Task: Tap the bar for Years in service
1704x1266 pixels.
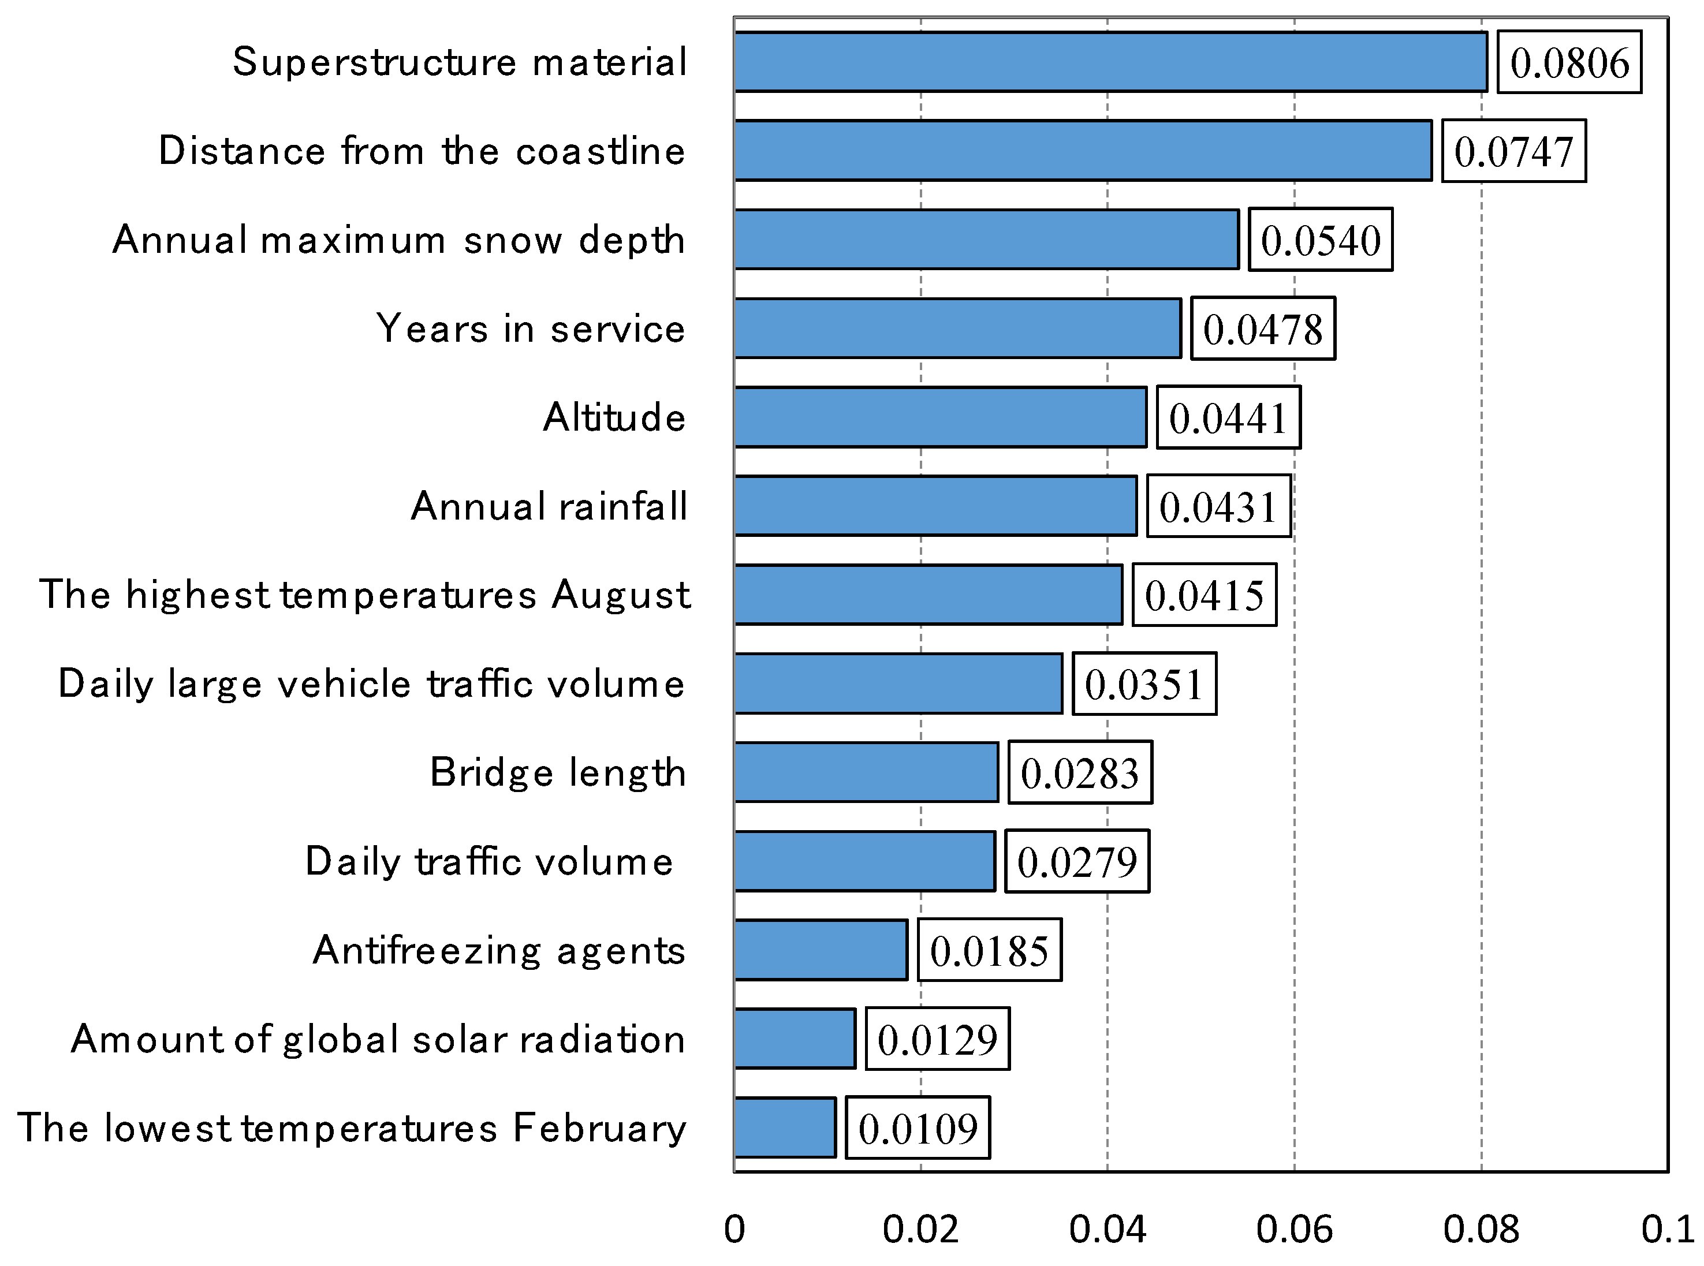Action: pos(957,328)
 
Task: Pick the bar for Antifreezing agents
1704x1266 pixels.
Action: pos(820,950)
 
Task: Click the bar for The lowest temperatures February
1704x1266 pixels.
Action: pos(784,1128)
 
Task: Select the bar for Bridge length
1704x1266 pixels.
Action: pos(866,772)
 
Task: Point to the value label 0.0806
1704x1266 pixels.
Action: pos(1569,63)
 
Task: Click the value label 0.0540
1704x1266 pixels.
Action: pos(1320,240)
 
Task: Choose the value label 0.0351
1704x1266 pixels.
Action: pos(1144,684)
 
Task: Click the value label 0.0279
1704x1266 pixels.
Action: pos(1076,862)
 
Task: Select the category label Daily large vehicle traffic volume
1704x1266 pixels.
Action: pos(371,684)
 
